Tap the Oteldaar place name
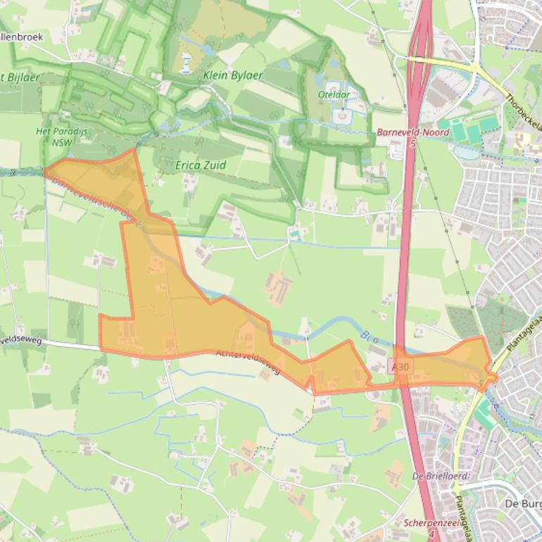(334, 94)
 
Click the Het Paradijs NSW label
(57, 136)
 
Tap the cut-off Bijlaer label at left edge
(20, 77)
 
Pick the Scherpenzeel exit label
(431, 524)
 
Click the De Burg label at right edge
(524, 504)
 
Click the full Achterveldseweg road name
(248, 361)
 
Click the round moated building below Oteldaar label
(342, 113)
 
